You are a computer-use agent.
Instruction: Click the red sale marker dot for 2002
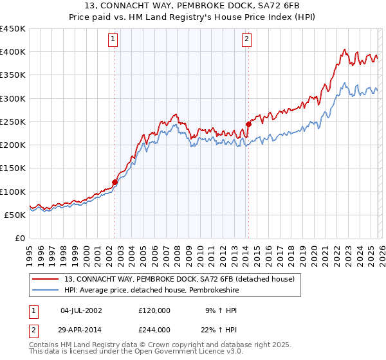tap(115, 182)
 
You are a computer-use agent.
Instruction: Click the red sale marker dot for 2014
tap(248, 124)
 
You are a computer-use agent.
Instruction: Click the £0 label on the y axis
tap(21, 238)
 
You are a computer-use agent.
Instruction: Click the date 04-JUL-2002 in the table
tap(82, 310)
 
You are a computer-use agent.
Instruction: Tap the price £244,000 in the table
tap(154, 329)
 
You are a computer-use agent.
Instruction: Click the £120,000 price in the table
tap(154, 310)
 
